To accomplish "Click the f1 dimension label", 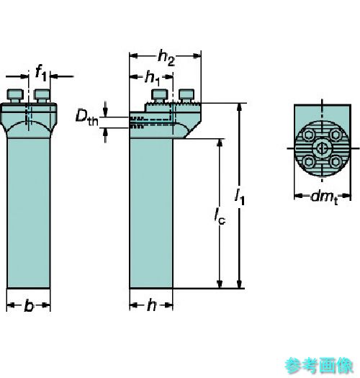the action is click(x=41, y=73).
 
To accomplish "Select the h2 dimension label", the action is click(x=166, y=58).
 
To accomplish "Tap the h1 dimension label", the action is click(x=152, y=78).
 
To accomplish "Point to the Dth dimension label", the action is click(x=87, y=117).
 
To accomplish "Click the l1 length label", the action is click(x=240, y=197).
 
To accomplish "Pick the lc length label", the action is click(x=220, y=215).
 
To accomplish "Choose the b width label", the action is click(x=29, y=305).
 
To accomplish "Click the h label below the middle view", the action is click(x=151, y=305).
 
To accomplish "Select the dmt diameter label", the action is click(x=324, y=198).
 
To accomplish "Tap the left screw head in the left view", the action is click(x=15, y=96).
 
